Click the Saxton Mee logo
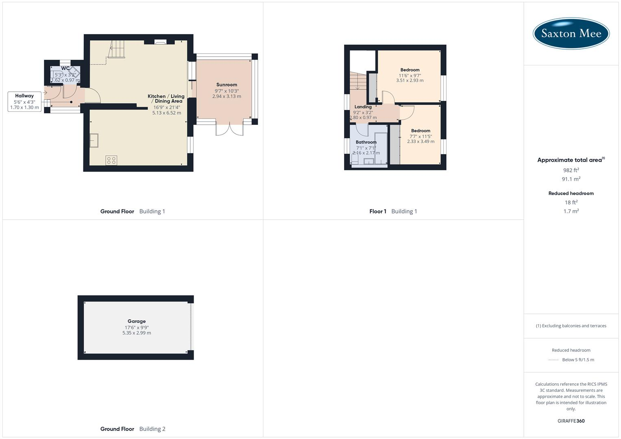click(x=571, y=33)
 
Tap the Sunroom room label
click(x=227, y=85)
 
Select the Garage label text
click(x=136, y=321)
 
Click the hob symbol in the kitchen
click(x=111, y=160)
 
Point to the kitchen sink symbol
click(x=94, y=140)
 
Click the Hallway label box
click(x=24, y=102)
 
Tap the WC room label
click(x=65, y=68)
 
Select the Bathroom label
click(x=366, y=142)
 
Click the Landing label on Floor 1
click(x=363, y=107)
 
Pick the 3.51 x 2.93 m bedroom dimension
click(x=410, y=80)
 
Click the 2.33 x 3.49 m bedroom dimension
click(x=421, y=141)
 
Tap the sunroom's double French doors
click(x=230, y=129)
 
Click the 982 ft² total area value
click(x=571, y=170)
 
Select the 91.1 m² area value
click(x=571, y=179)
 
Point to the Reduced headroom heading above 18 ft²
click(x=571, y=193)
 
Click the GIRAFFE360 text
click(x=571, y=421)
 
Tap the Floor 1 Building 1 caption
click(x=393, y=211)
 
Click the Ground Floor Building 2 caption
click(x=133, y=429)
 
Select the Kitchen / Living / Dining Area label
click(x=166, y=99)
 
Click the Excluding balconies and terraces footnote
click(x=571, y=326)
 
